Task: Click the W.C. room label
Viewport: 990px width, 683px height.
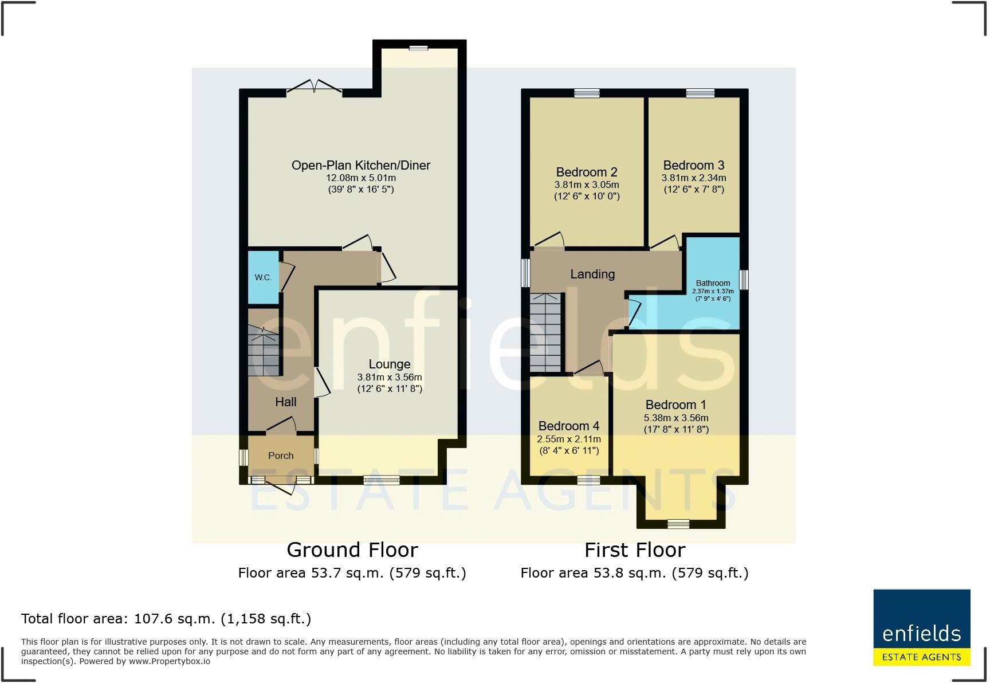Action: tap(263, 277)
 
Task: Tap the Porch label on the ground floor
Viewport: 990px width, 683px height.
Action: tap(281, 456)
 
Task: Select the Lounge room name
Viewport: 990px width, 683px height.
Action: tap(390, 364)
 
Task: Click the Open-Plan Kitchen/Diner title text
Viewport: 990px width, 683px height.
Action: tap(361, 166)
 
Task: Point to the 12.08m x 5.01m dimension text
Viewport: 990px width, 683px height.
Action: tap(361, 178)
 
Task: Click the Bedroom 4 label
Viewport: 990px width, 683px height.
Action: tap(569, 426)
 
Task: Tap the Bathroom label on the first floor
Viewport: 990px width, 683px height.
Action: tap(713, 283)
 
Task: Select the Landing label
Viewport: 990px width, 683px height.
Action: tap(592, 274)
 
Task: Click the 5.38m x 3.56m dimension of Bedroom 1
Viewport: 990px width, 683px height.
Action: tap(676, 418)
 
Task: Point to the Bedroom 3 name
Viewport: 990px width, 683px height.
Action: tap(694, 166)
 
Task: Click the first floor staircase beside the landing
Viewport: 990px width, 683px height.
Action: tap(545, 332)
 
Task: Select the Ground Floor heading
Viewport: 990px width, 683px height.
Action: tap(352, 550)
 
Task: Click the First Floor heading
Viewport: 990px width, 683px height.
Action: tap(635, 550)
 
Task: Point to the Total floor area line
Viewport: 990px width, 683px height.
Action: tap(166, 619)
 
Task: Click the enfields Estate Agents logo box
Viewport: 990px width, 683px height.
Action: tap(921, 627)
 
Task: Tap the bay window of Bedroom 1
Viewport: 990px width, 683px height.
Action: tap(678, 523)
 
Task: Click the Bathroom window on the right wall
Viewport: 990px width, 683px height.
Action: tap(744, 280)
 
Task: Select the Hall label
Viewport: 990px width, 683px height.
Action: tap(286, 402)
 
